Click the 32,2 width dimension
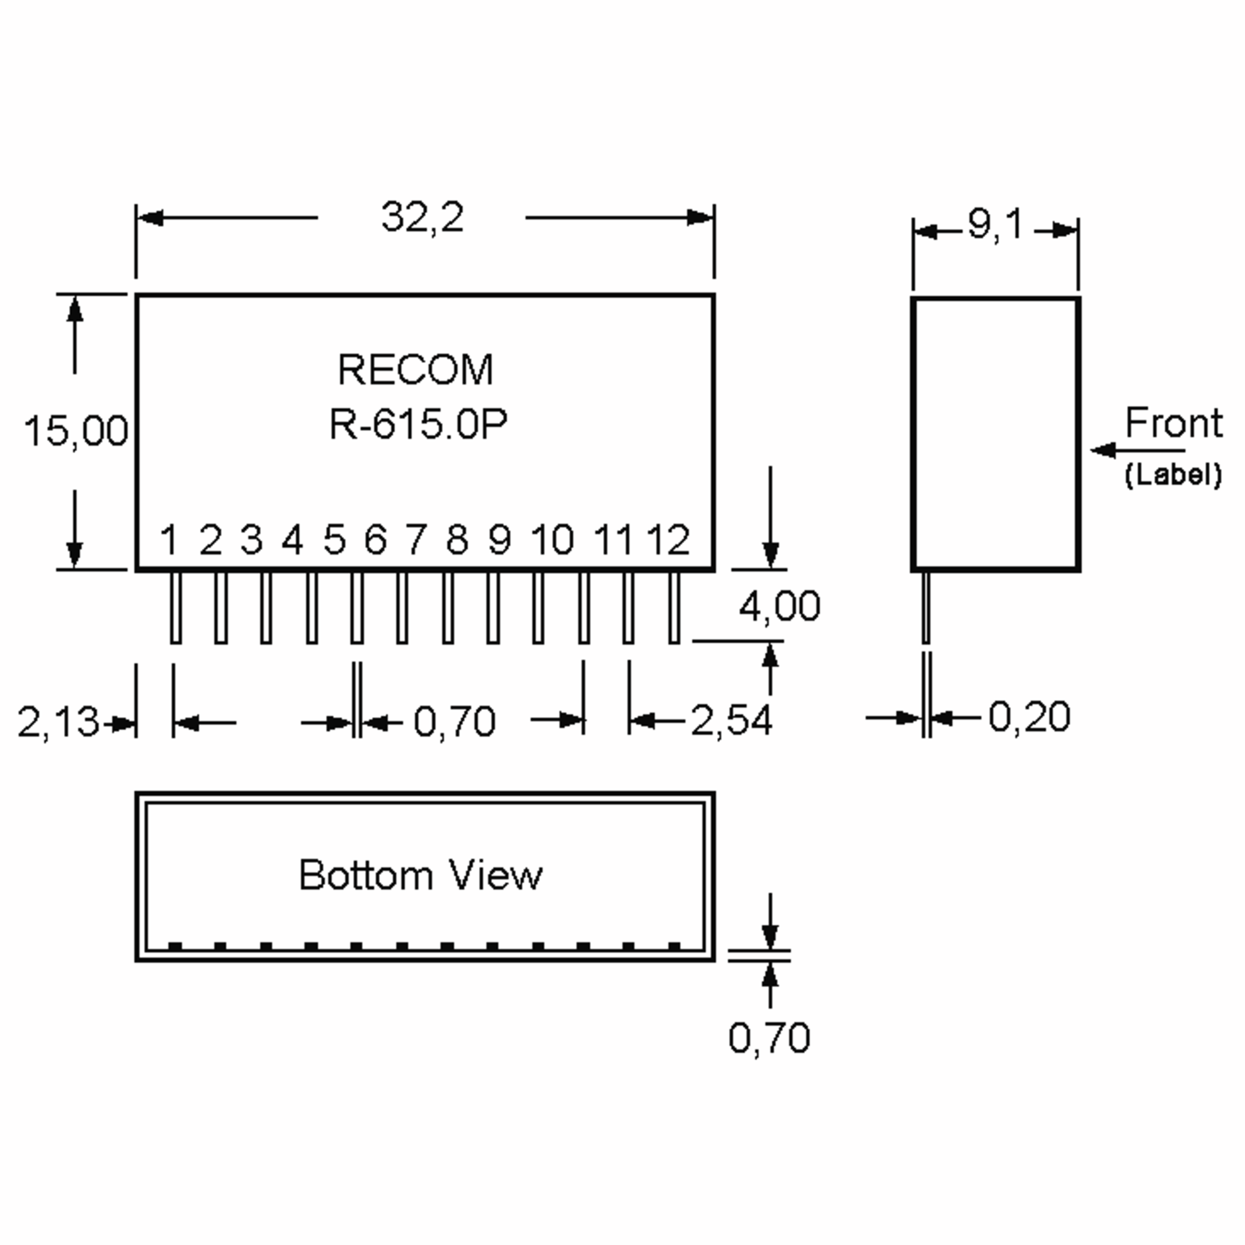click(422, 218)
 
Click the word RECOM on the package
click(416, 370)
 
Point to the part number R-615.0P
click(418, 425)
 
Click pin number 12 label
click(668, 539)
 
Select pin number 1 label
click(169, 539)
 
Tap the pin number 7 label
click(416, 539)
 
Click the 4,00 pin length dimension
click(779, 606)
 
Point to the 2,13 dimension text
click(58, 722)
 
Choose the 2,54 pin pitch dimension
click(731, 721)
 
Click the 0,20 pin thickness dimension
click(1029, 716)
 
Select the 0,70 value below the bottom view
click(769, 1038)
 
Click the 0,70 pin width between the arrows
click(454, 721)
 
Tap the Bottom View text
click(420, 876)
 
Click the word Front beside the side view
click(1173, 423)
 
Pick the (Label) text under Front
click(1173, 475)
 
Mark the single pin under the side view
click(926, 607)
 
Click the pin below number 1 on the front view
click(175, 607)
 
